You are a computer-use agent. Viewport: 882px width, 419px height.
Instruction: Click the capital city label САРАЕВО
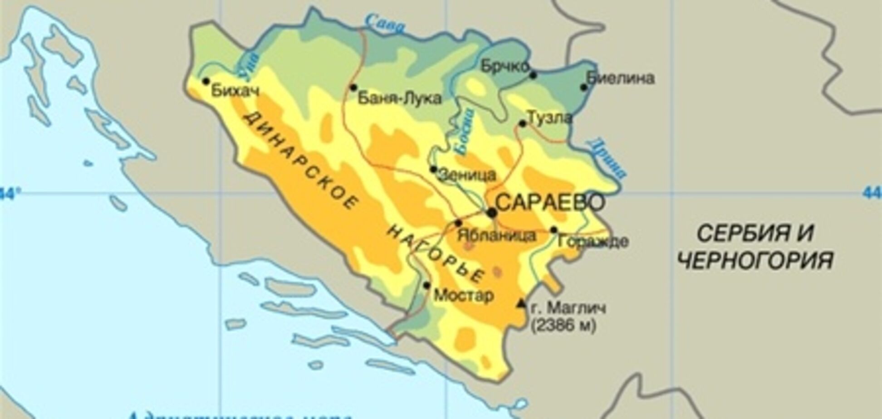click(550, 203)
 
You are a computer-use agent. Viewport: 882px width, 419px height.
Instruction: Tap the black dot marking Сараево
click(492, 212)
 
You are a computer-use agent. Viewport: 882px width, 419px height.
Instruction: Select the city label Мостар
click(464, 296)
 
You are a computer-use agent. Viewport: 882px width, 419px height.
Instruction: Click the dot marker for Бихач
click(206, 81)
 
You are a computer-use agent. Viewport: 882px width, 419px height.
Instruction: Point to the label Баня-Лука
click(399, 98)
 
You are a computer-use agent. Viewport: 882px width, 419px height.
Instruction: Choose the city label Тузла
click(549, 118)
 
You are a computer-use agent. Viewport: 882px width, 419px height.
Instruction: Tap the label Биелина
click(621, 78)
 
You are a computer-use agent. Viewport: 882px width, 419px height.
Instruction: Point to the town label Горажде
click(593, 241)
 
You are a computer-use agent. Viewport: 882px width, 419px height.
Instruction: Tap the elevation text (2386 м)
click(563, 326)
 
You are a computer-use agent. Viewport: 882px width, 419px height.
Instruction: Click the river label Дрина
click(607, 158)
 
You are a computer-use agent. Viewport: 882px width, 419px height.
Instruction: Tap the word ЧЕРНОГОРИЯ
click(755, 261)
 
